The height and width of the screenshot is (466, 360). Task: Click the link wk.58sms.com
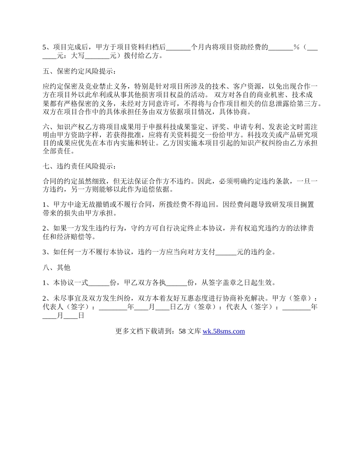click(224, 332)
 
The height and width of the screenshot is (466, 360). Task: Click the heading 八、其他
click(56, 267)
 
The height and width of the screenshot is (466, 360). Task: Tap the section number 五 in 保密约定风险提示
click(46, 71)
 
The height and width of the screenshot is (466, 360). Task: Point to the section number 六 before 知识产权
click(46, 127)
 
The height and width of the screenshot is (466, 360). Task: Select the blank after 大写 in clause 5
click(97, 56)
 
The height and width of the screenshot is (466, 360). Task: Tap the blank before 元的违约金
click(226, 252)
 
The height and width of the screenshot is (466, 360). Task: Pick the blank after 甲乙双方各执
click(177, 283)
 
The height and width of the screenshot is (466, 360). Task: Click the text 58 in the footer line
click(182, 332)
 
